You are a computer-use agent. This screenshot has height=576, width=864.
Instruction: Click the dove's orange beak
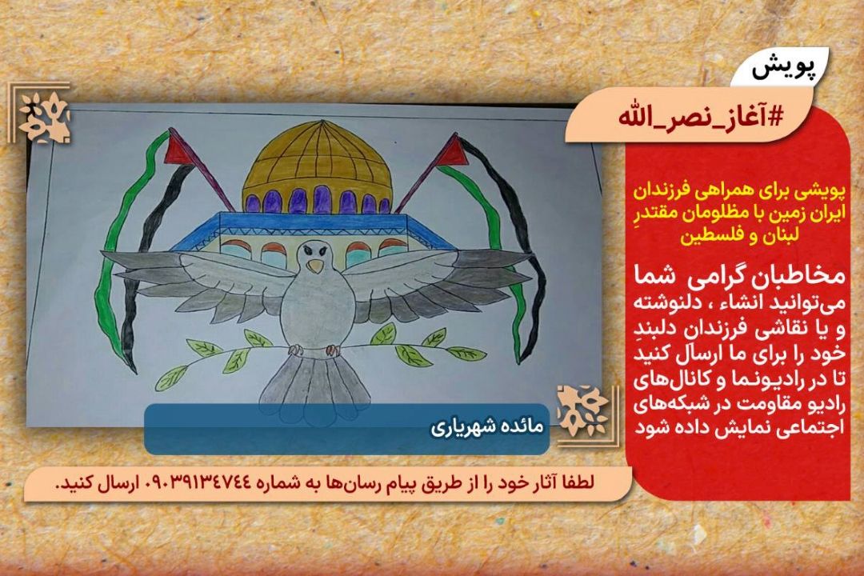click(315, 266)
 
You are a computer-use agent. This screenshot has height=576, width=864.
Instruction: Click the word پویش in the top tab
click(782, 69)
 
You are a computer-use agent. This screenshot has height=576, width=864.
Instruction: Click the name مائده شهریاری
click(487, 427)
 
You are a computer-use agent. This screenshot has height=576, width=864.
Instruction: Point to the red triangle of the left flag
click(178, 148)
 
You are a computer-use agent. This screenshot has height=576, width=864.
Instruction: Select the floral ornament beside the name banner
click(582, 412)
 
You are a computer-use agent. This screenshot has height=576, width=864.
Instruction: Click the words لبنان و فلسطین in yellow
click(739, 236)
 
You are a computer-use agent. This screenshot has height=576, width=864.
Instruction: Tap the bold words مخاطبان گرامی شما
click(739, 274)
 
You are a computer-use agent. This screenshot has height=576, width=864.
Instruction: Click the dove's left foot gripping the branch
click(297, 350)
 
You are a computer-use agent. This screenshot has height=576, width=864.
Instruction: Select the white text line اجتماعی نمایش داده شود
click(739, 427)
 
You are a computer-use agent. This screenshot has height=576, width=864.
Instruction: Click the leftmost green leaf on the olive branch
click(170, 378)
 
